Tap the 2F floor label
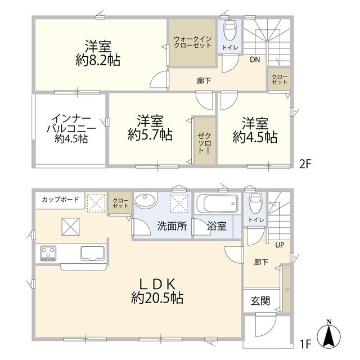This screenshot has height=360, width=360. click(x=305, y=164)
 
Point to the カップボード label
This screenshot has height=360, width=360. click(x=59, y=200)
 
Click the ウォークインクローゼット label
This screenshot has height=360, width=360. click(x=192, y=43)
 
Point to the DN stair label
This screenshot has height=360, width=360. click(x=255, y=59)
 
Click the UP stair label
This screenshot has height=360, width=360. click(x=278, y=245)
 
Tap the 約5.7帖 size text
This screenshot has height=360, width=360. click(x=150, y=135)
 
